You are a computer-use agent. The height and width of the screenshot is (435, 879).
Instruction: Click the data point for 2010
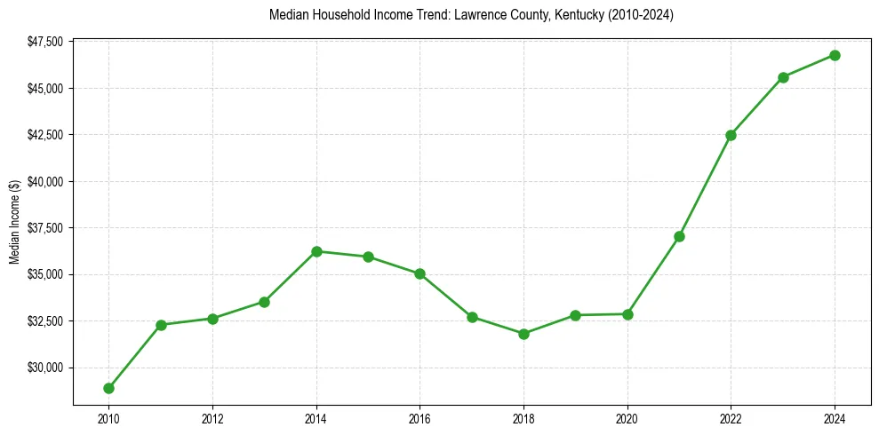(108, 388)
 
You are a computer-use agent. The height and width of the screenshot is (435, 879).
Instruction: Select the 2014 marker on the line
(316, 251)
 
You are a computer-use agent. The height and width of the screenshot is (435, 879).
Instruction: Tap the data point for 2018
(523, 334)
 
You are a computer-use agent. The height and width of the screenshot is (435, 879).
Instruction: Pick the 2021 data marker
(679, 236)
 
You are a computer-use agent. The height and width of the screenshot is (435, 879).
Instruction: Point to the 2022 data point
(731, 135)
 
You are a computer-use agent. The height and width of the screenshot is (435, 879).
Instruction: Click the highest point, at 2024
(835, 55)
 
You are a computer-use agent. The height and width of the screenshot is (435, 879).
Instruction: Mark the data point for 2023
(783, 77)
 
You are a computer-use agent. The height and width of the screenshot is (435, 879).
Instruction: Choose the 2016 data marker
(420, 273)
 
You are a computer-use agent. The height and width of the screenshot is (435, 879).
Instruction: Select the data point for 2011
(161, 325)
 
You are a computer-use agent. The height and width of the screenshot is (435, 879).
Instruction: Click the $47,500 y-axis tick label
(45, 42)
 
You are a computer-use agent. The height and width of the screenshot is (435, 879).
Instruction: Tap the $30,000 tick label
(45, 368)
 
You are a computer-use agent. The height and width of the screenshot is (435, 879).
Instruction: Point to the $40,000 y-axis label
(45, 181)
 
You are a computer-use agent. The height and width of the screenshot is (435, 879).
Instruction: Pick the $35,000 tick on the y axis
(45, 274)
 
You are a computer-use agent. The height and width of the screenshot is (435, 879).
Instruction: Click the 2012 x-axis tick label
(212, 417)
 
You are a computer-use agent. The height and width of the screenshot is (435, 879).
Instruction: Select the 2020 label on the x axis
(627, 417)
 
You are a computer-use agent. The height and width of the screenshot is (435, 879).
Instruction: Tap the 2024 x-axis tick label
(835, 417)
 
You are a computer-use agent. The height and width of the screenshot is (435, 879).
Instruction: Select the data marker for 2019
(575, 315)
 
